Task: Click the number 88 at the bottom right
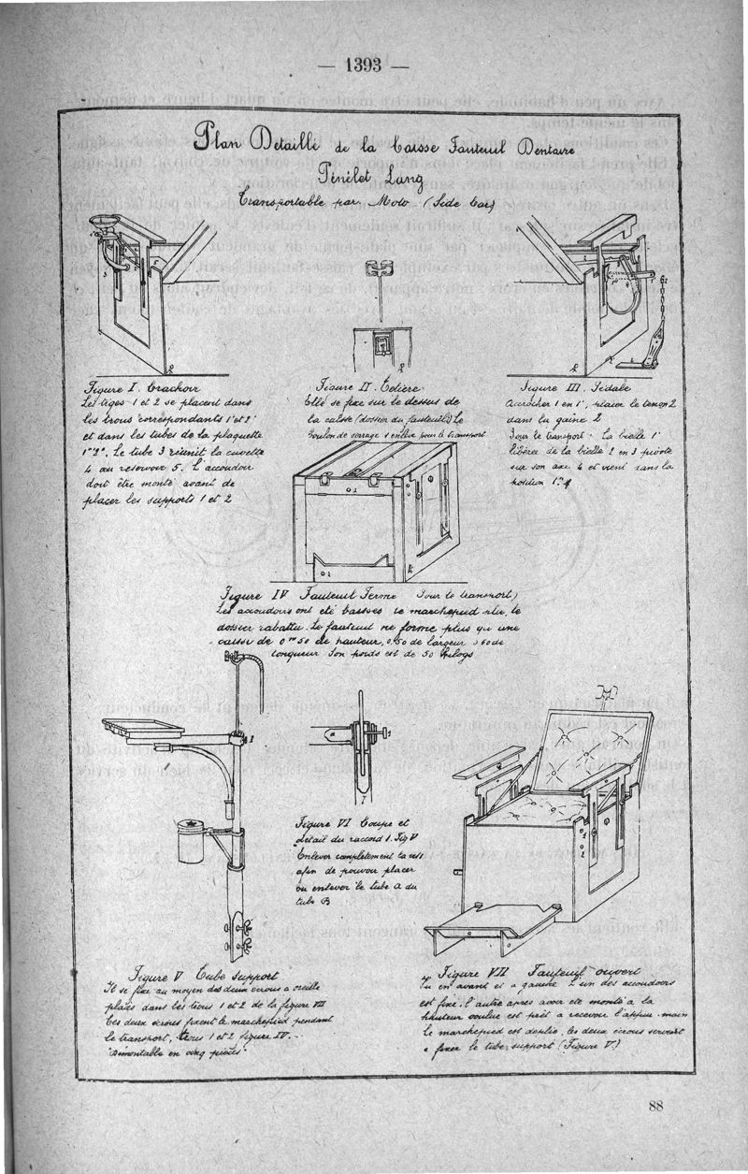pos(654,1107)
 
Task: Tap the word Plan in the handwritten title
pos(219,144)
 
